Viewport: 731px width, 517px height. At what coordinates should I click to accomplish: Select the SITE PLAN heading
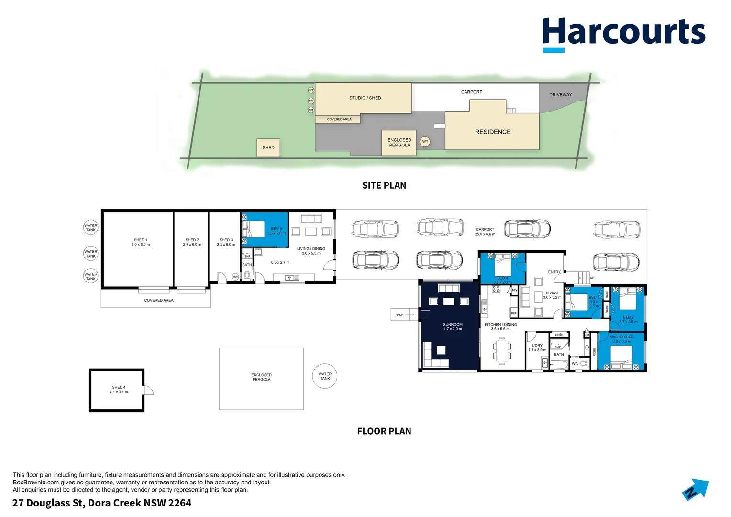(x=384, y=185)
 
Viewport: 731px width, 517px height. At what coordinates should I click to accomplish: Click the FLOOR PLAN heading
(x=384, y=431)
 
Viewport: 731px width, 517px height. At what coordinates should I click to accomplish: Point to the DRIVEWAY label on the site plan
(x=560, y=95)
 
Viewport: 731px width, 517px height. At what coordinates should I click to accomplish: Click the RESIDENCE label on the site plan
(x=492, y=132)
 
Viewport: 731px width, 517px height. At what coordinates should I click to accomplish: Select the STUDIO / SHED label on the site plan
(x=365, y=98)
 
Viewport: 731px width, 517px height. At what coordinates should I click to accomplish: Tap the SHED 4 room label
(x=119, y=390)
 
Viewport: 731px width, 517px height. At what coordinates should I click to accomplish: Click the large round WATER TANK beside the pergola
(x=325, y=376)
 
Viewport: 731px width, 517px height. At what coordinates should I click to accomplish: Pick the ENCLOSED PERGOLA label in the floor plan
(x=261, y=377)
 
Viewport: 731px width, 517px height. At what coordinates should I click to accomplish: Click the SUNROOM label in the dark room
(x=453, y=326)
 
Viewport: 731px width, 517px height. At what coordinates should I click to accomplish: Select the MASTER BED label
(x=621, y=339)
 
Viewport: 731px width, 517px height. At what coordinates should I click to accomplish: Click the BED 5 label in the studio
(x=276, y=231)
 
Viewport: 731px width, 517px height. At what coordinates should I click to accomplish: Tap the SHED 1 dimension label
(x=140, y=242)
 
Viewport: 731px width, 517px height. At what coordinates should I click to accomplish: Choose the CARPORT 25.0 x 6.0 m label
(x=485, y=232)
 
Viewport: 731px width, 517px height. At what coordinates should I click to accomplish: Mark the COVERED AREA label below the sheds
(x=159, y=300)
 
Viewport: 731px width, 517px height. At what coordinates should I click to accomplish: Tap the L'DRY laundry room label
(x=537, y=348)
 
